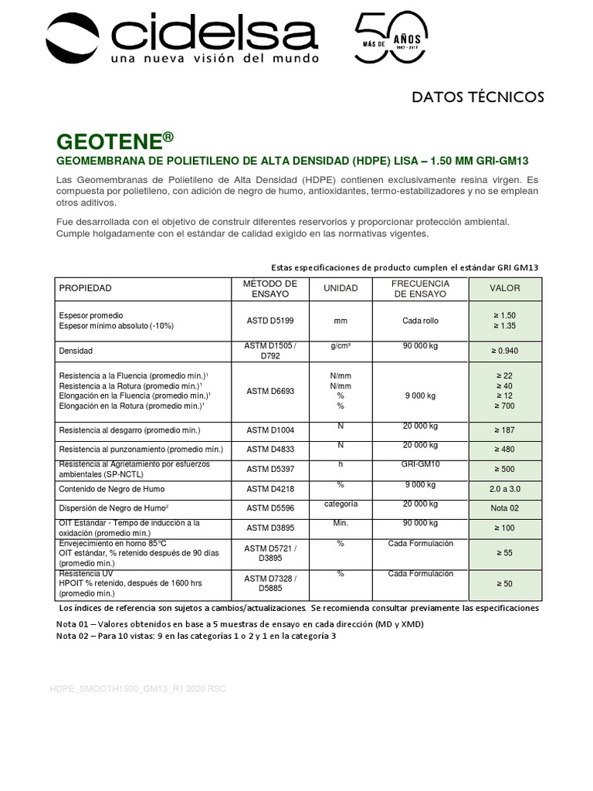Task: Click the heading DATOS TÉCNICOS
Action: pos(478,97)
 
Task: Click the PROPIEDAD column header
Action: pos(86,288)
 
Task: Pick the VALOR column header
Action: pos(505,288)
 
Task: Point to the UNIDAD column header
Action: pos(341,288)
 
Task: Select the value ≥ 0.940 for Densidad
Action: pos(505,351)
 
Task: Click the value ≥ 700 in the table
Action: pos(505,406)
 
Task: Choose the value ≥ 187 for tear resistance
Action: pos(505,430)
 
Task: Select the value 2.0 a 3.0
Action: pos(505,490)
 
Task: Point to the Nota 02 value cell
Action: pos(505,509)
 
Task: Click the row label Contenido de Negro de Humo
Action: pos(112,489)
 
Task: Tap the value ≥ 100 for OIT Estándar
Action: pos(505,528)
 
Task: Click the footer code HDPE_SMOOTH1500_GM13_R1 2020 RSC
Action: pos(138,687)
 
